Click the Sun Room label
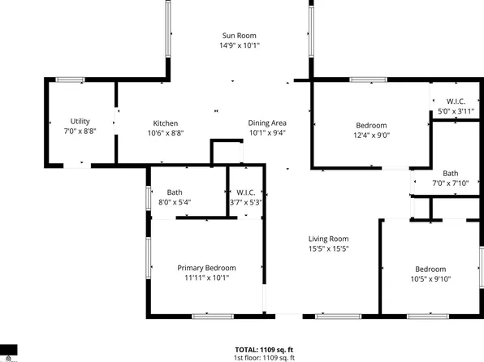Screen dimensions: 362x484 pyautogui.click(x=240, y=36)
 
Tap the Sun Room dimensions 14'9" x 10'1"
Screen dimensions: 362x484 pyautogui.click(x=240, y=46)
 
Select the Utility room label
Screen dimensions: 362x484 pyautogui.click(x=80, y=122)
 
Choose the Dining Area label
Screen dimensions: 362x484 pyautogui.click(x=267, y=123)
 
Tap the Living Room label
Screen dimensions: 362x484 pyautogui.click(x=328, y=239)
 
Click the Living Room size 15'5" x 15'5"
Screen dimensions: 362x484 pyautogui.click(x=328, y=249)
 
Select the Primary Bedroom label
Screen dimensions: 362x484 pyautogui.click(x=207, y=268)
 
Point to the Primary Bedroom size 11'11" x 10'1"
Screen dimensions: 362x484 pyautogui.click(x=207, y=278)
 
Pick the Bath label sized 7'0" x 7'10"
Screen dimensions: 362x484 pyautogui.click(x=451, y=174)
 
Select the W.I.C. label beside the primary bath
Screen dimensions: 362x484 pyautogui.click(x=247, y=192)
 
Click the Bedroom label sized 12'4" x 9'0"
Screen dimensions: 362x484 pyautogui.click(x=371, y=125)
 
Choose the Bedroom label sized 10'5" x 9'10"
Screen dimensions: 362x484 pyautogui.click(x=430, y=269)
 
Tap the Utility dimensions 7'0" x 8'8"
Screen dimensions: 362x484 pyautogui.click(x=80, y=132)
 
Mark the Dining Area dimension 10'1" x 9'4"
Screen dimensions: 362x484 pyautogui.click(x=267, y=133)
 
